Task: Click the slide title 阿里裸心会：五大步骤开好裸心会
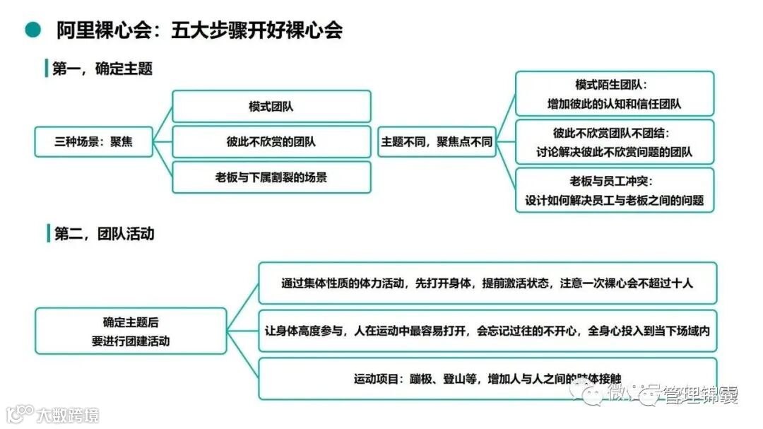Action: pyautogui.click(x=200, y=30)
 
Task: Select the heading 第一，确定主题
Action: pyautogui.click(x=102, y=69)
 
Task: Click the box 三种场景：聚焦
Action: pyautogui.click(x=94, y=141)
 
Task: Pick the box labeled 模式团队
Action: pyautogui.click(x=271, y=107)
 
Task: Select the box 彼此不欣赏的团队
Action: pyautogui.click(x=271, y=141)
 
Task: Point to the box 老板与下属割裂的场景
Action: pyautogui.click(x=271, y=177)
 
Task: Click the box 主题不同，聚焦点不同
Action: pyautogui.click(x=437, y=141)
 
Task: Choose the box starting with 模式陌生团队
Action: pyautogui.click(x=614, y=94)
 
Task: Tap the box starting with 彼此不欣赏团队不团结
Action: pyautogui.click(x=614, y=142)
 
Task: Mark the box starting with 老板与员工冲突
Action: pyautogui.click(x=614, y=190)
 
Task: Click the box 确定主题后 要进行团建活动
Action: pyautogui.click(x=131, y=331)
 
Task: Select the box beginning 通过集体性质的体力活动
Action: pyautogui.click(x=487, y=283)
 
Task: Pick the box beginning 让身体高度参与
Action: pyautogui.click(x=487, y=331)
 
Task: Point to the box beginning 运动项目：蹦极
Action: pyautogui.click(x=487, y=379)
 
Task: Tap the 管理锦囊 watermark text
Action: pyautogui.click(x=699, y=395)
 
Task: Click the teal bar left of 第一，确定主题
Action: pyautogui.click(x=47, y=69)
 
